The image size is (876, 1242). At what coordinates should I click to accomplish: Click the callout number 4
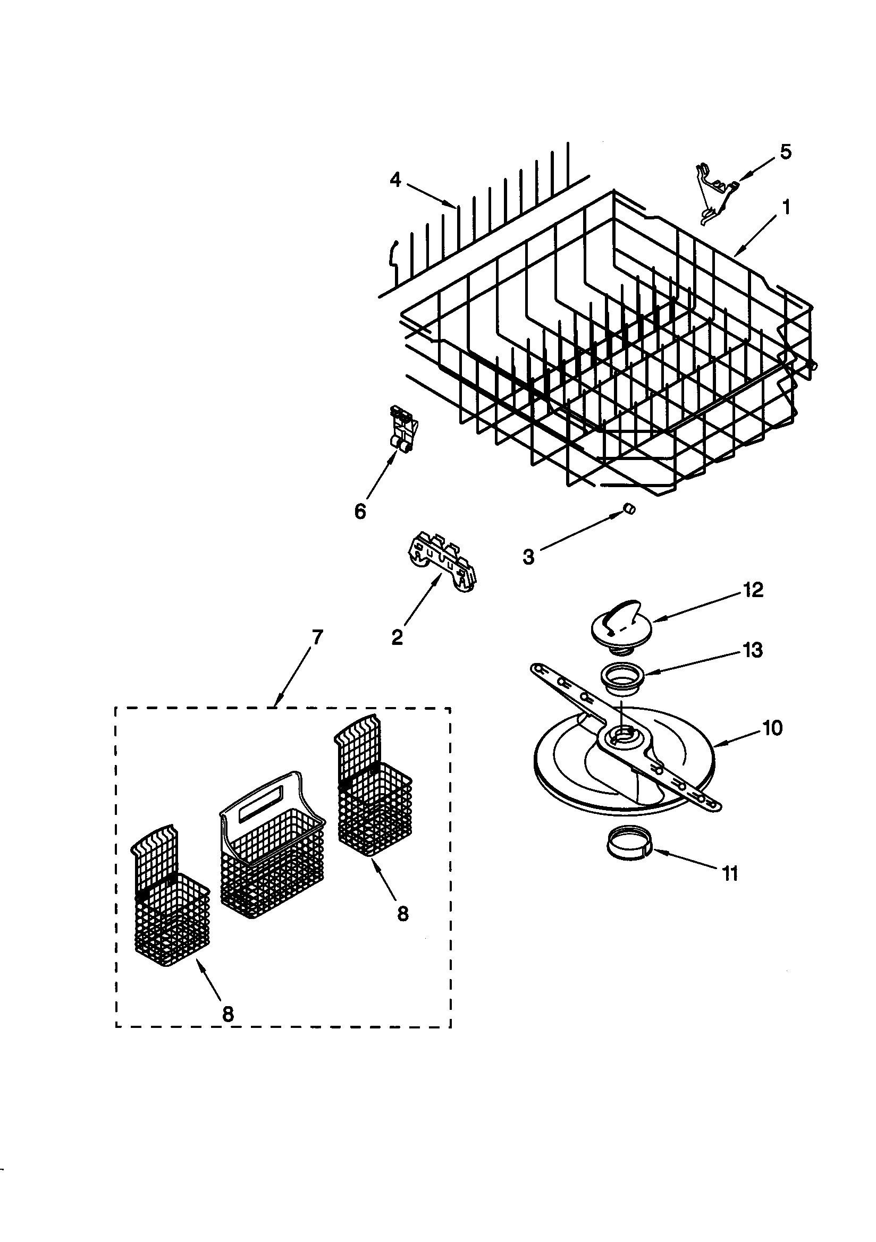pyautogui.click(x=395, y=180)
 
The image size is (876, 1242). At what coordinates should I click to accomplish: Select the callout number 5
pyautogui.click(x=785, y=152)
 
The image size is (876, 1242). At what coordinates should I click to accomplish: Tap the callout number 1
pyautogui.click(x=786, y=207)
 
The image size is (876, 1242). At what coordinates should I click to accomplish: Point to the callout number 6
pyautogui.click(x=360, y=511)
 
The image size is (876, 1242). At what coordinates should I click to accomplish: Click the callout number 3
pyautogui.click(x=528, y=557)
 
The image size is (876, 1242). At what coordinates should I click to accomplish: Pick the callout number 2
pyautogui.click(x=397, y=637)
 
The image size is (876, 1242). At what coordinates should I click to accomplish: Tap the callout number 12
pyautogui.click(x=753, y=590)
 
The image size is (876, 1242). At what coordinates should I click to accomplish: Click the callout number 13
pyautogui.click(x=753, y=649)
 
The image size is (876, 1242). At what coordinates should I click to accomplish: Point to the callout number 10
pyautogui.click(x=772, y=728)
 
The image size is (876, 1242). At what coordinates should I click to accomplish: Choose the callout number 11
pyautogui.click(x=730, y=873)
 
